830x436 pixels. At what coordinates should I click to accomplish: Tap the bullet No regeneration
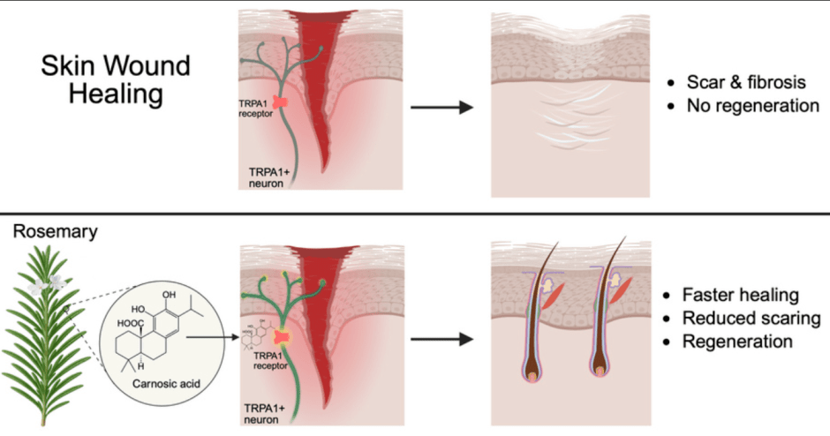click(750, 106)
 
